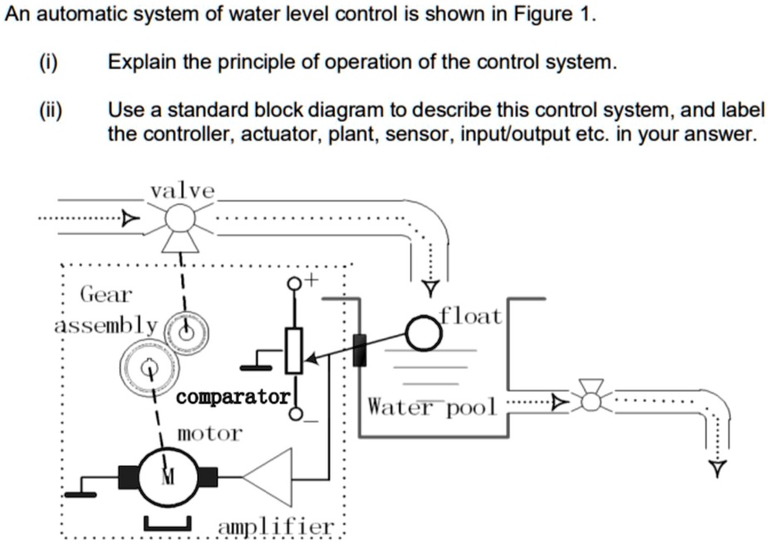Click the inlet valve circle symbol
click(x=179, y=219)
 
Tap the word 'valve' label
click(x=182, y=191)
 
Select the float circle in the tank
click(x=423, y=334)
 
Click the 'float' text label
click(x=471, y=316)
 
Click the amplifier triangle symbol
click(x=272, y=477)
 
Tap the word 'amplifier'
click(x=276, y=527)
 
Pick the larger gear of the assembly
click(x=150, y=365)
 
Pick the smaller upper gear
click(x=188, y=332)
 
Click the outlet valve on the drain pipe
click(x=590, y=401)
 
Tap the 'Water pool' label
click(x=432, y=407)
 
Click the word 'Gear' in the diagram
click(x=105, y=294)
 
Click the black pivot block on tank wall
click(x=359, y=350)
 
